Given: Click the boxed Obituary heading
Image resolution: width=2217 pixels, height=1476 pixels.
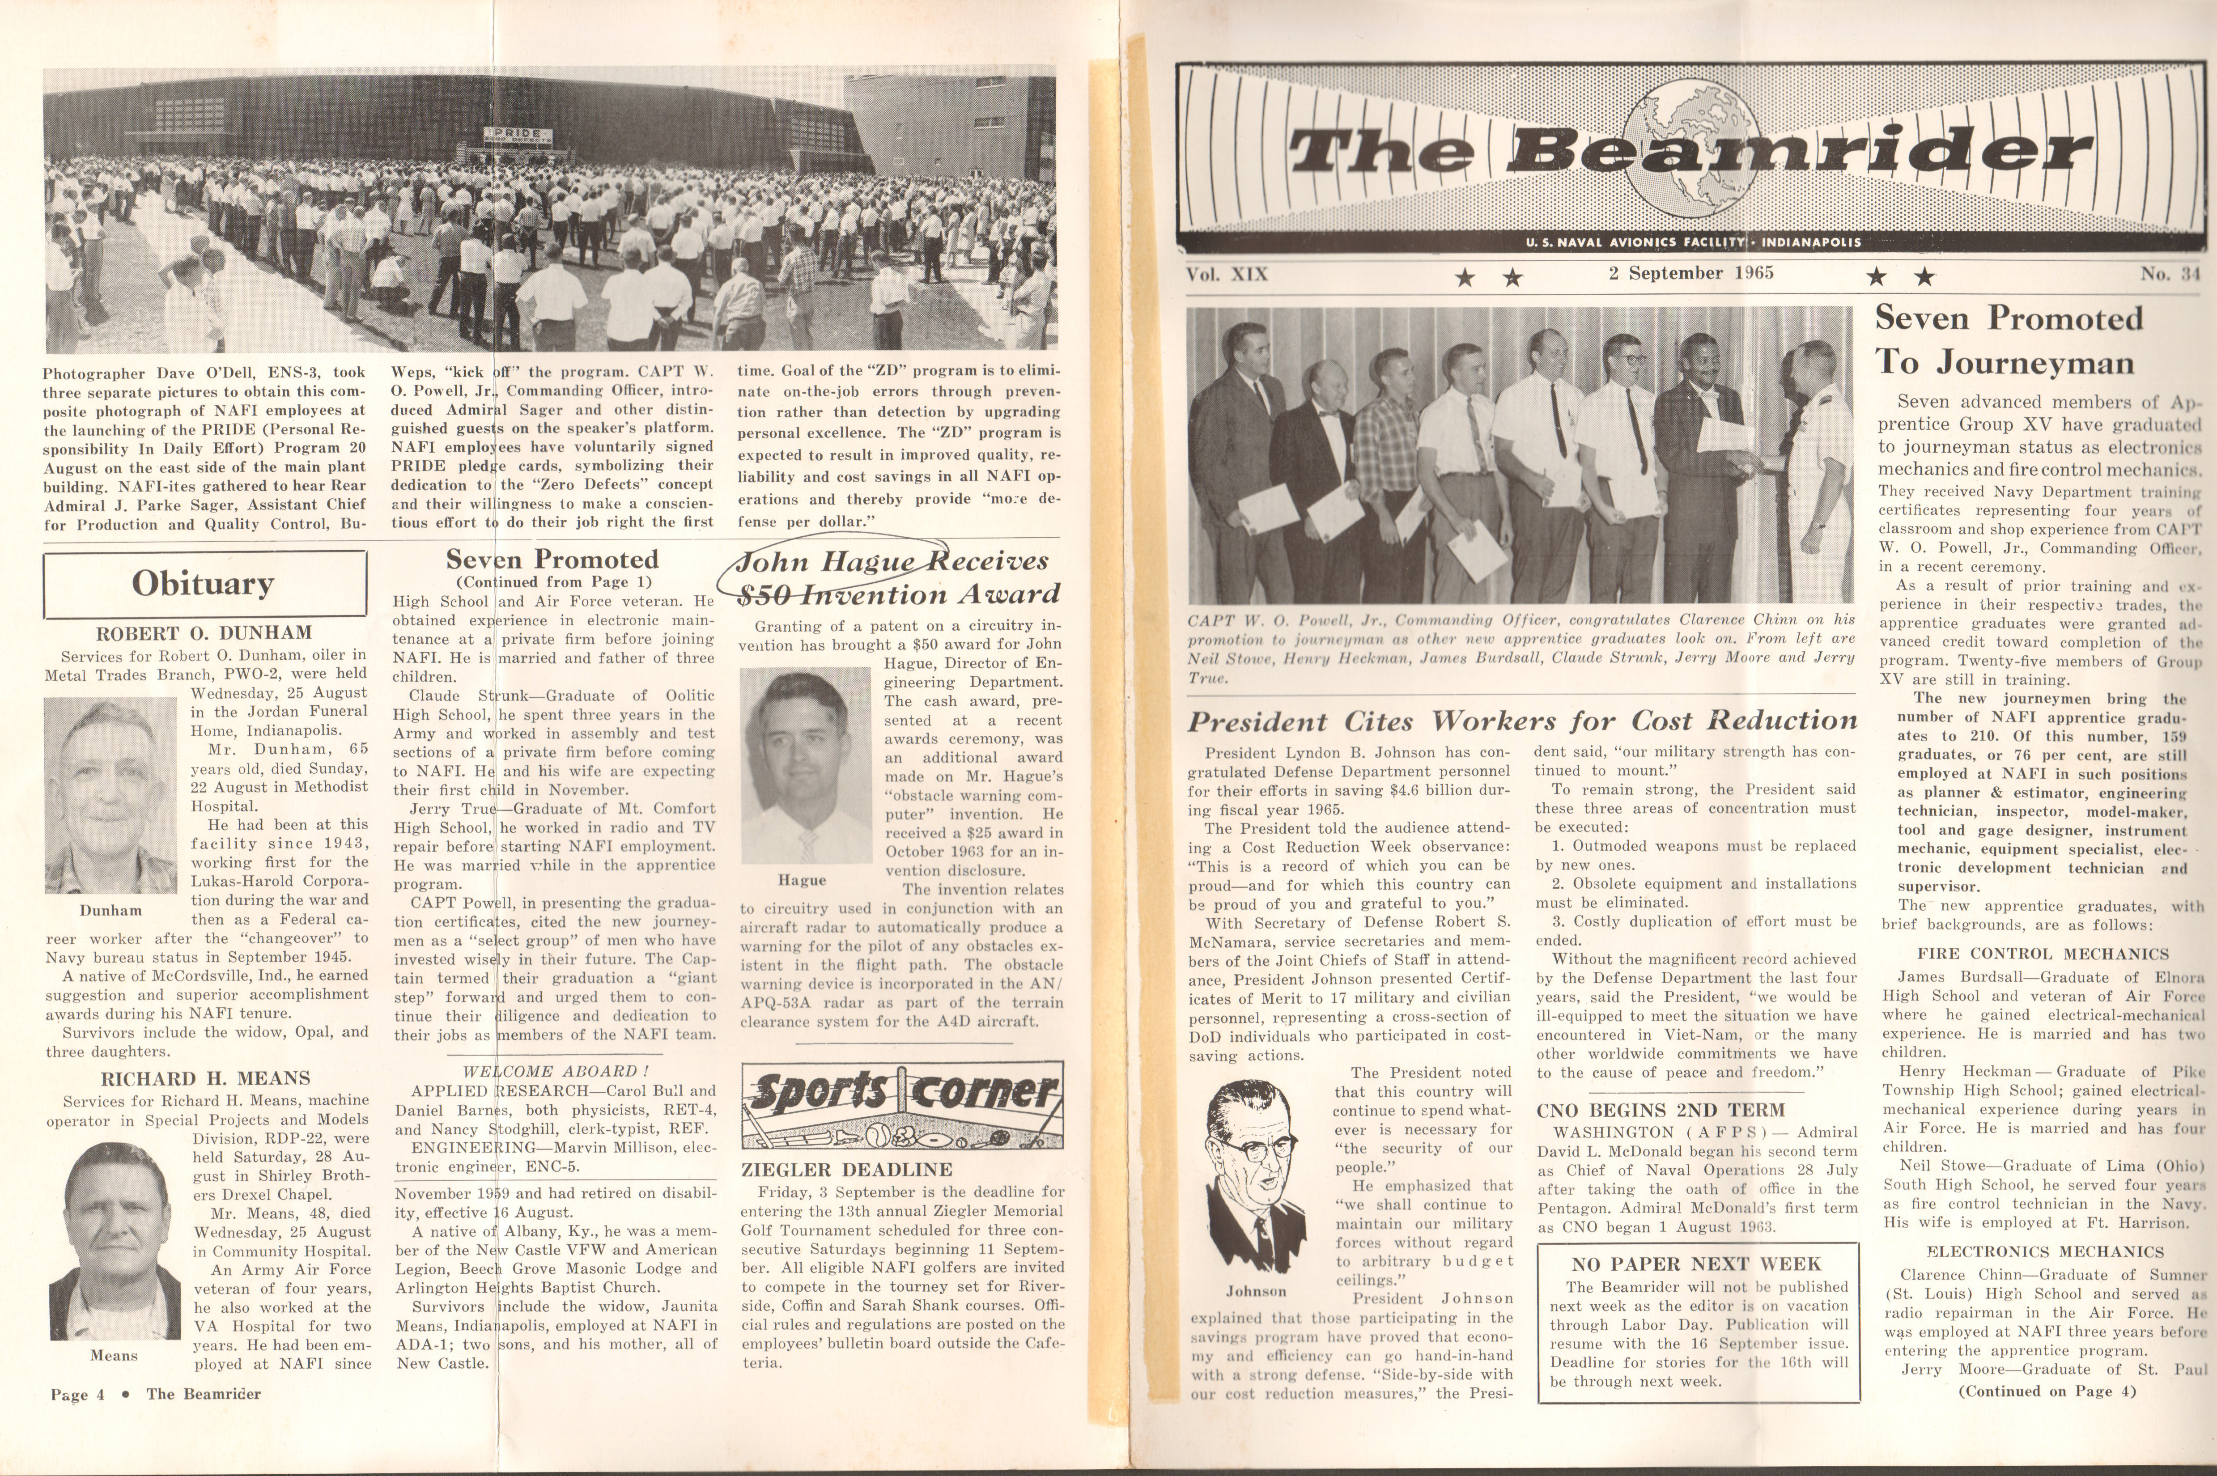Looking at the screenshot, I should pyautogui.click(x=204, y=584).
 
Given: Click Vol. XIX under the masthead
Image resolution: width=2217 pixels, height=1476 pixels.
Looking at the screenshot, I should pyautogui.click(x=1227, y=274).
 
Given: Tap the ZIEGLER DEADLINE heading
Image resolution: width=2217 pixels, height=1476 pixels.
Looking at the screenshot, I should pyautogui.click(x=846, y=1170).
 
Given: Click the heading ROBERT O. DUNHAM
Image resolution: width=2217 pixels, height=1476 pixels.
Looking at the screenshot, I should pyautogui.click(x=204, y=632).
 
